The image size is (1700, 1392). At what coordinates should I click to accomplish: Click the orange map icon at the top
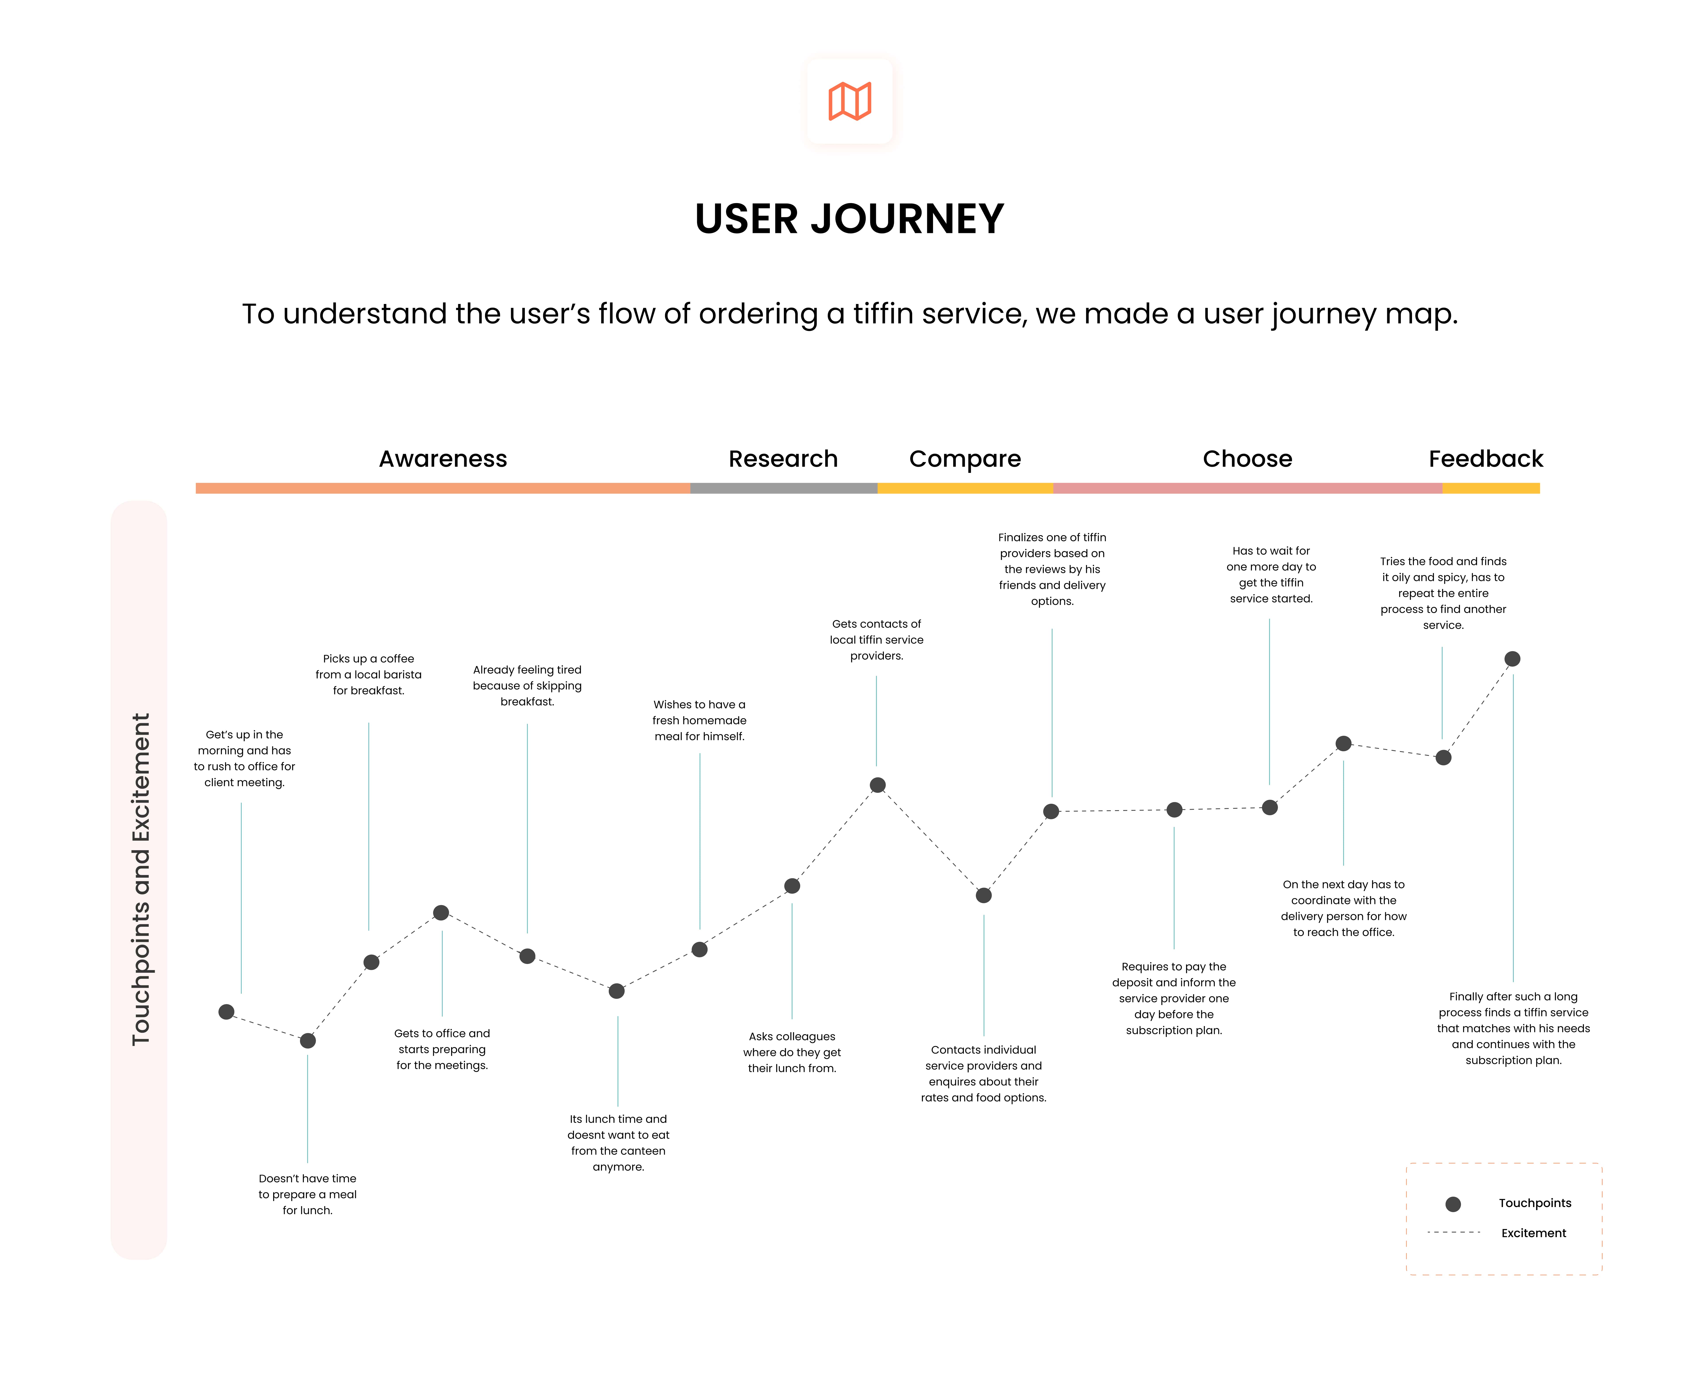tap(850, 102)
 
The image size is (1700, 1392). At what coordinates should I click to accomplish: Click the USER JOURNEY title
tap(850, 219)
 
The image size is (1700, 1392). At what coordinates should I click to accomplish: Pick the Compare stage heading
tap(965, 460)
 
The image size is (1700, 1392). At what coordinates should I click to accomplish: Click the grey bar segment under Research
tap(784, 488)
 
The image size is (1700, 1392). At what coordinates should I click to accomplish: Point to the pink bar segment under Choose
tap(1248, 488)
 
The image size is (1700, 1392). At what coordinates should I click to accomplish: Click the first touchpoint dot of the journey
tap(226, 1012)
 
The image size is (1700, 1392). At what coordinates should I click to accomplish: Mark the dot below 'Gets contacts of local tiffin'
tap(878, 785)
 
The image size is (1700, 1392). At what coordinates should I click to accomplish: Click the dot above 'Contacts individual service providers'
tap(983, 896)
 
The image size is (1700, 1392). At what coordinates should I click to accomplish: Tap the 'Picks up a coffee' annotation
tap(368, 674)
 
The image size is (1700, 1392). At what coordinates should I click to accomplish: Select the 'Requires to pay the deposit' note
tap(1174, 998)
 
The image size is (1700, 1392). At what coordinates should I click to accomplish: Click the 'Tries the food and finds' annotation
tap(1443, 593)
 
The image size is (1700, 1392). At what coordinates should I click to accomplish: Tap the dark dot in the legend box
tap(1453, 1204)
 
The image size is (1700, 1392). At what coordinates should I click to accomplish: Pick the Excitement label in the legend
tap(1533, 1233)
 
